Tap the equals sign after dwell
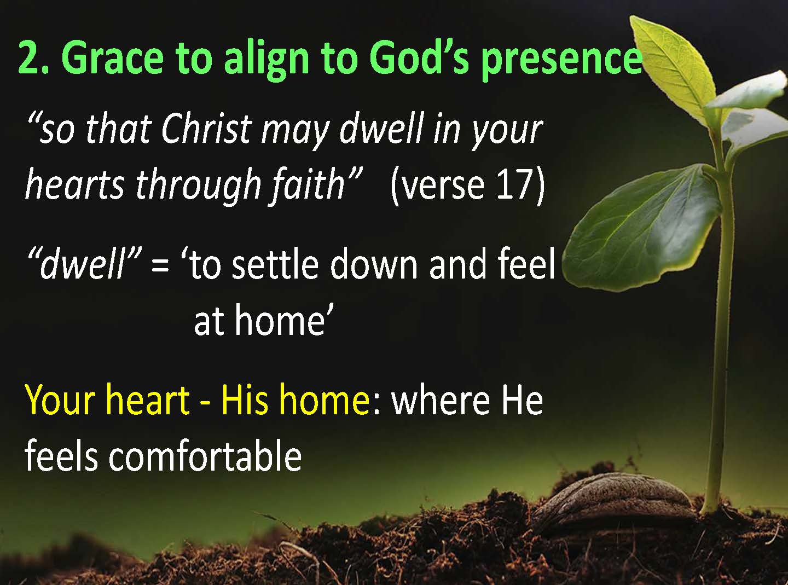pyautogui.click(x=160, y=266)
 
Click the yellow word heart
pyautogui.click(x=146, y=399)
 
